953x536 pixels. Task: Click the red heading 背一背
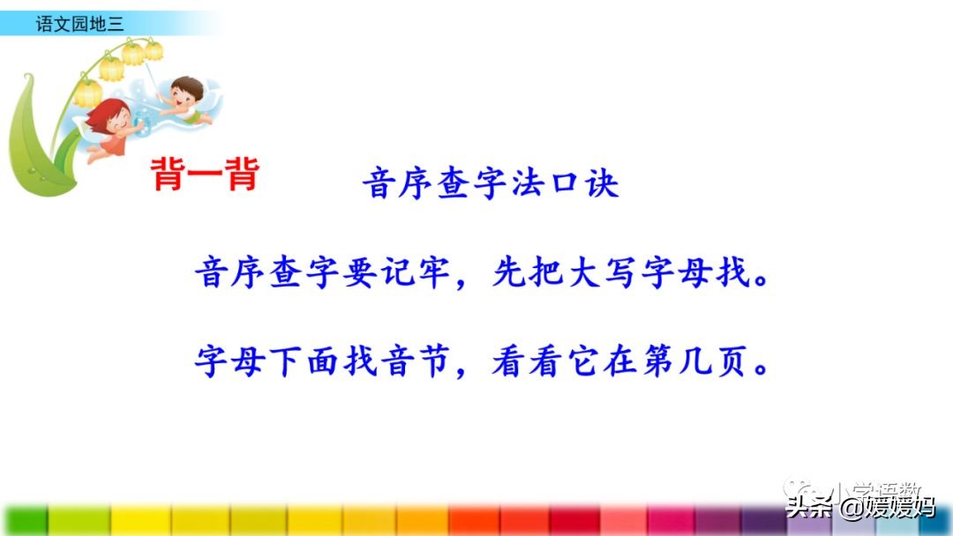coord(205,175)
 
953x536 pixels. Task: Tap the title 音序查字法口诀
coord(491,183)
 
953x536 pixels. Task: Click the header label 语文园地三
coord(80,24)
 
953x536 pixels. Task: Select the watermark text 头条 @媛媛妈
coord(860,507)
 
